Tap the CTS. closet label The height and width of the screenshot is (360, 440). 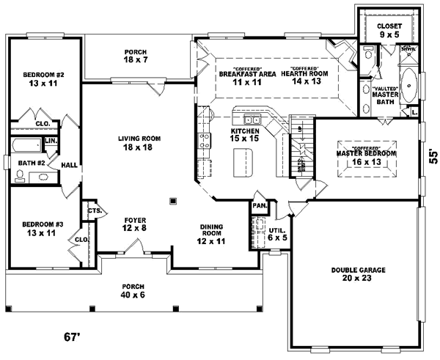click(x=93, y=210)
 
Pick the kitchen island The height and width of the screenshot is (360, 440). click(x=241, y=161)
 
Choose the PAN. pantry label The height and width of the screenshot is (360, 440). click(x=260, y=207)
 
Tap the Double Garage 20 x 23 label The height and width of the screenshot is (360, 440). click(x=357, y=274)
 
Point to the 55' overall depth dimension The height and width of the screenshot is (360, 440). click(x=433, y=155)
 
